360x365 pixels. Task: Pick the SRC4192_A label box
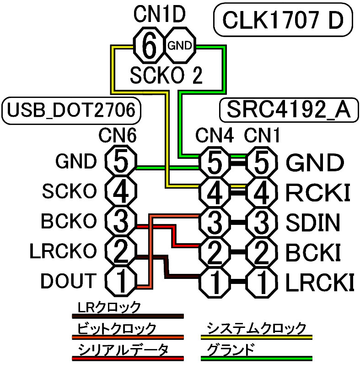click(288, 110)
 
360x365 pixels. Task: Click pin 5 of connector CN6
click(120, 162)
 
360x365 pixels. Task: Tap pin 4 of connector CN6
click(120, 191)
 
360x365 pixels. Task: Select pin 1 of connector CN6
click(120, 281)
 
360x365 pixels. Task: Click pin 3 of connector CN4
click(214, 221)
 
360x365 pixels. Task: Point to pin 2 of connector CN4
click(214, 251)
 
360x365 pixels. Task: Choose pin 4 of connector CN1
click(262, 191)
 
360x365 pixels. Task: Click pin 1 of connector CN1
click(262, 281)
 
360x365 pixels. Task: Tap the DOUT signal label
click(69, 281)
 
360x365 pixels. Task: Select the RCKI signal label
click(318, 192)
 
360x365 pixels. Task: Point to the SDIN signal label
click(313, 222)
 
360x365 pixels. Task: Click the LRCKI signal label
click(320, 282)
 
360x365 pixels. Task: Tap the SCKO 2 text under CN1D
click(166, 76)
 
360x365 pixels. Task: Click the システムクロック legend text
click(256, 328)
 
